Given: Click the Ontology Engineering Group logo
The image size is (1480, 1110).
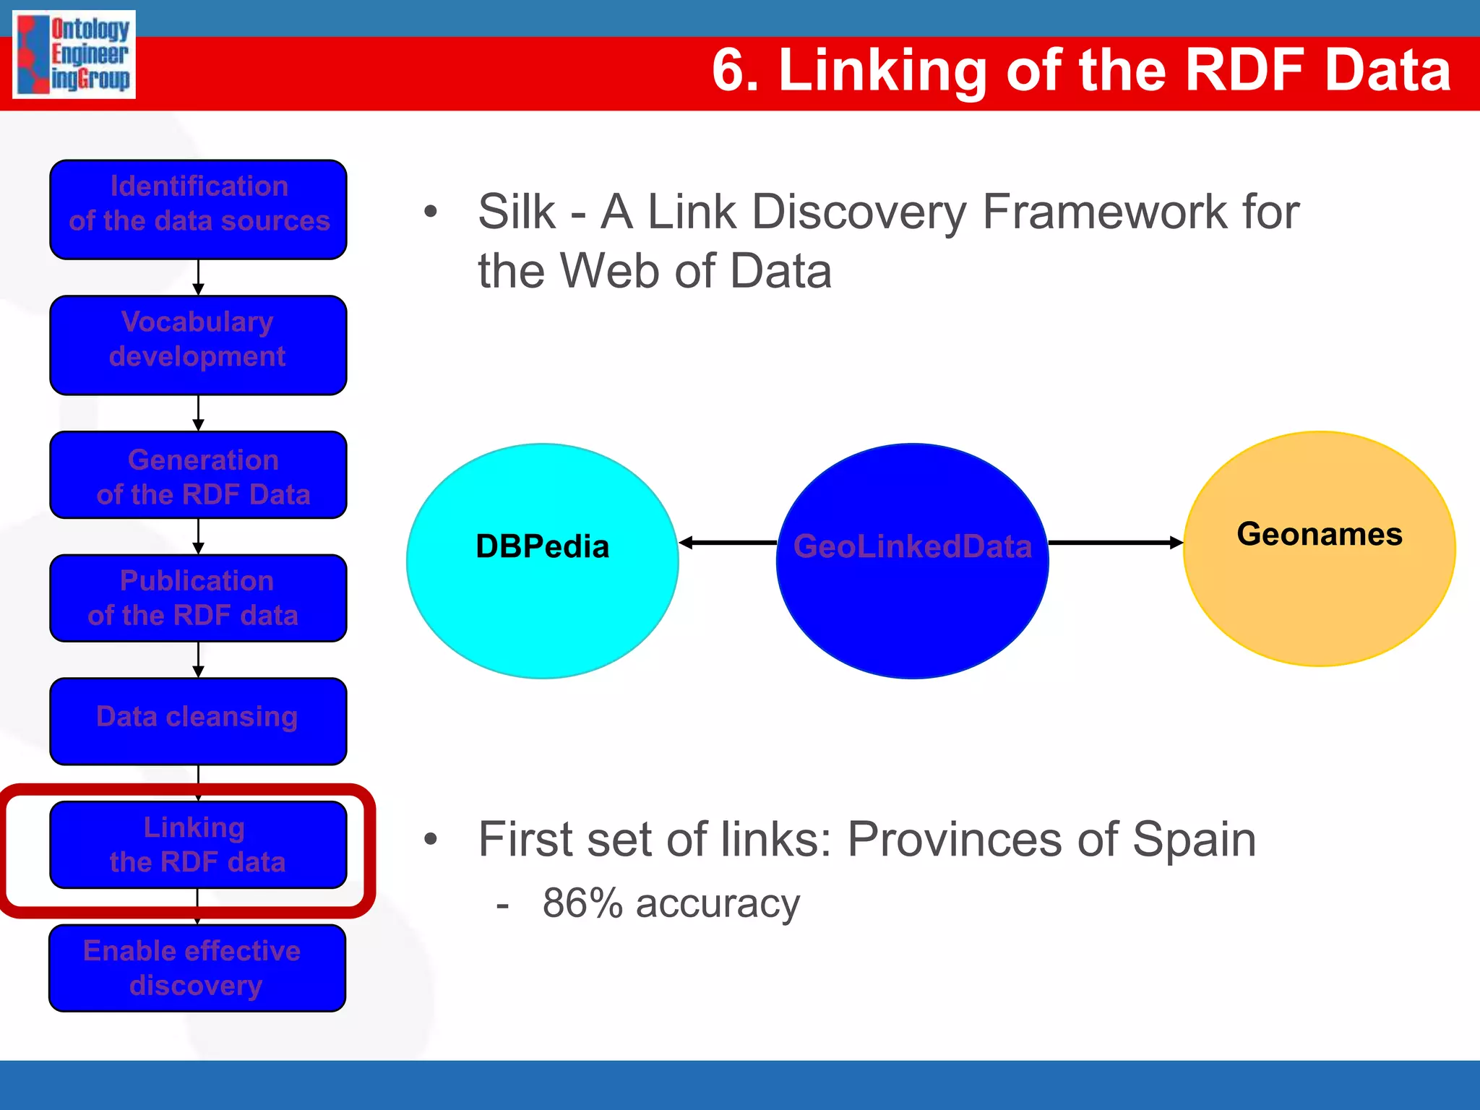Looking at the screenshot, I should tap(74, 54).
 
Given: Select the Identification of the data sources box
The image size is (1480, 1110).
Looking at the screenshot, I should tap(198, 210).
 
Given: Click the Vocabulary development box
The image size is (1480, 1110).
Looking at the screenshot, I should tap(198, 345).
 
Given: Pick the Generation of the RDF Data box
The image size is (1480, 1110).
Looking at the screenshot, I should tap(198, 475).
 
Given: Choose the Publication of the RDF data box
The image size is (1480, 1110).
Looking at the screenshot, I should tap(198, 598).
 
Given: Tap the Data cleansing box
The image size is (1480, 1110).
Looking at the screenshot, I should tap(198, 720).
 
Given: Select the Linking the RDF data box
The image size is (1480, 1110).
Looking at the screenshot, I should tap(198, 844).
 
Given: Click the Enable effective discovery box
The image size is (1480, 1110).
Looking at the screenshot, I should tap(197, 968).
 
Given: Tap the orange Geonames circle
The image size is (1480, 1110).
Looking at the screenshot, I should tap(1319, 593).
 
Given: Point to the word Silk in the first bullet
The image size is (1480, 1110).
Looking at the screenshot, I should tap(516, 212).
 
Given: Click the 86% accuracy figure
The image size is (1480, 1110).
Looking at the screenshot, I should tap(582, 903).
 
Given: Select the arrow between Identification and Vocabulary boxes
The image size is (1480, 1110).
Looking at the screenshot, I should tap(198, 277).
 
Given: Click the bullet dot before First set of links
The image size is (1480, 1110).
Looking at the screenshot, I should tap(431, 839).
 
